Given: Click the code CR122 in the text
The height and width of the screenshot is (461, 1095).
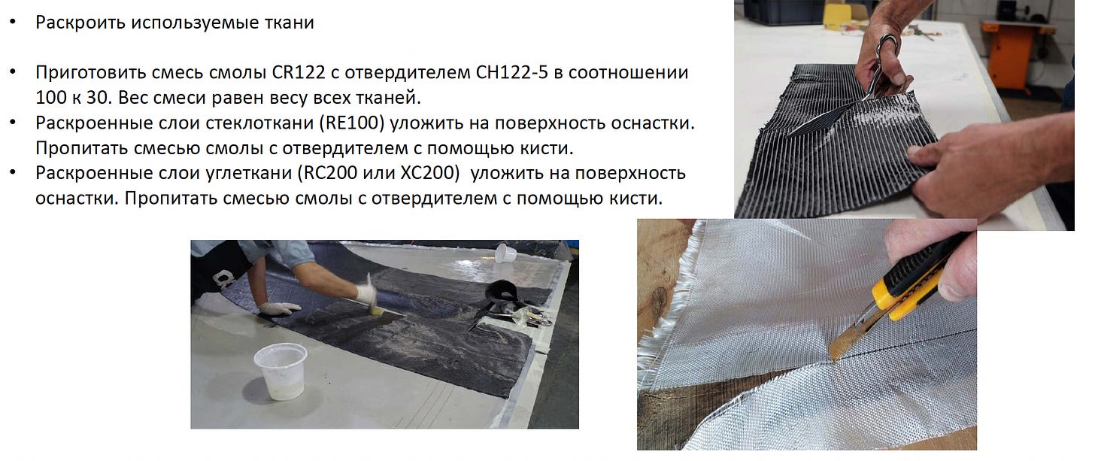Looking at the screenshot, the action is (x=298, y=72).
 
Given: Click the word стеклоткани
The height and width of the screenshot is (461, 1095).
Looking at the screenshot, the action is (x=259, y=123).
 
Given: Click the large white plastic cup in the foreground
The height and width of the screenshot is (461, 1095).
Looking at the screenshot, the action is (x=281, y=372).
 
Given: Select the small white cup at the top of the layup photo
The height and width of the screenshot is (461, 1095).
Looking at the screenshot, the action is (x=505, y=253).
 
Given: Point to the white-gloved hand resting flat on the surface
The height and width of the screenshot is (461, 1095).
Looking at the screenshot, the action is (x=278, y=308).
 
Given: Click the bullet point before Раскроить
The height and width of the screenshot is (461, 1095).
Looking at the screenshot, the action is (x=14, y=23).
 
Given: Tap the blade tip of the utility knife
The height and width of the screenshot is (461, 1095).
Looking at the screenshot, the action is (x=832, y=359).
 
